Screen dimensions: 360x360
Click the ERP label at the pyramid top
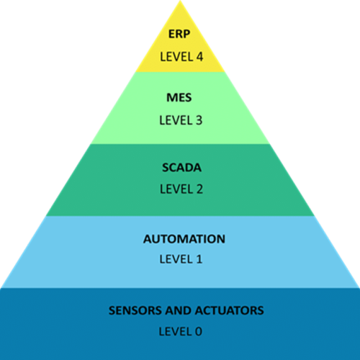[180, 35]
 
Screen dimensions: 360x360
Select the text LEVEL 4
[180, 55]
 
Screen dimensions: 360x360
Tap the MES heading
[180, 98]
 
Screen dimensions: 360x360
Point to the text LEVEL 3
[180, 119]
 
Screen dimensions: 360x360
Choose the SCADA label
[180, 168]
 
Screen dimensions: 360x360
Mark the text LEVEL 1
[180, 258]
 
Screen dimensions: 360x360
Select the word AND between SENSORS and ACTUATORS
[177, 311]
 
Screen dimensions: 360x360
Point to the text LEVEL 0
[180, 331]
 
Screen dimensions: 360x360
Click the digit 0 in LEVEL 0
[198, 331]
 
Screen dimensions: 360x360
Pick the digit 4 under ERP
[198, 55]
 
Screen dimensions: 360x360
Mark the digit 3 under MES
[198, 119]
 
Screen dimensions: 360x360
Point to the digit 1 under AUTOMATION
[198, 258]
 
